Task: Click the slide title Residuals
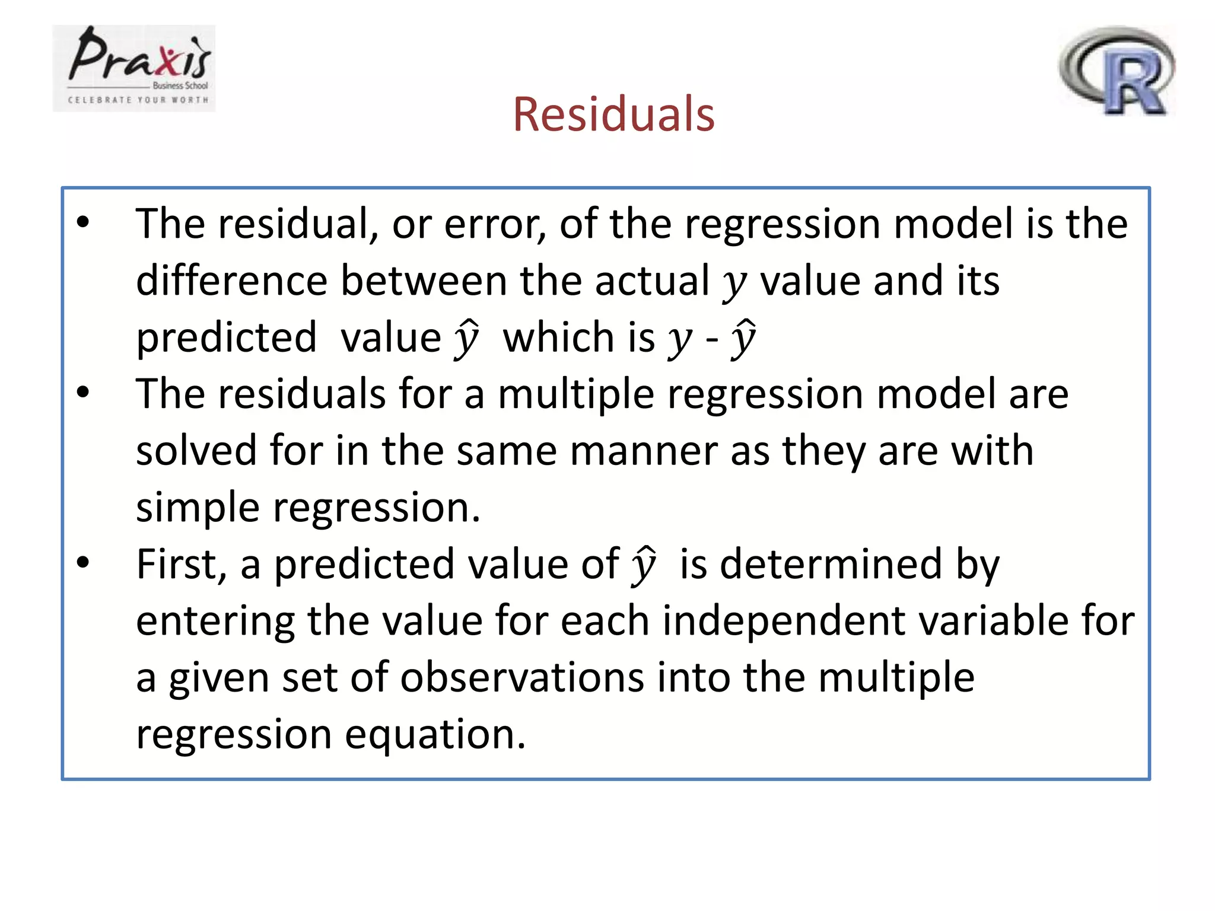pyautogui.click(x=613, y=114)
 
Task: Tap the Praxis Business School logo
pyautogui.click(x=134, y=68)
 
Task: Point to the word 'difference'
pyautogui.click(x=231, y=281)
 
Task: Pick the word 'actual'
pyautogui.click(x=652, y=281)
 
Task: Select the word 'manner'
pyautogui.click(x=643, y=451)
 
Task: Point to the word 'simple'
pyautogui.click(x=198, y=508)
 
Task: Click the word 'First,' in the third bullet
pyautogui.click(x=182, y=564)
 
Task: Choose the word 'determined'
pyautogui.click(x=831, y=564)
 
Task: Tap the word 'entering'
pyautogui.click(x=215, y=621)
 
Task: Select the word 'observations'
pyautogui.click(x=521, y=677)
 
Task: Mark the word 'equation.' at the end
pyautogui.click(x=435, y=734)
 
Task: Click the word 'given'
pyautogui.click(x=218, y=677)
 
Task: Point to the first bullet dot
pyautogui.click(x=83, y=222)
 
